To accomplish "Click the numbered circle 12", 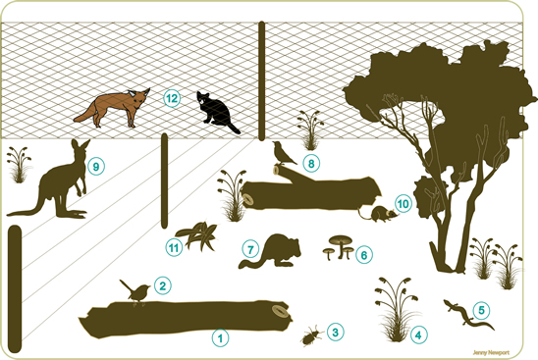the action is [x=172, y=98].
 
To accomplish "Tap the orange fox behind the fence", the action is [x=113, y=108].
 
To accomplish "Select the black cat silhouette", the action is [x=216, y=112].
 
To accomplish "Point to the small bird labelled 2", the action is [x=135, y=291].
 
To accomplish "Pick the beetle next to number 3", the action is [x=312, y=335].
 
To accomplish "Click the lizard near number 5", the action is [x=468, y=315].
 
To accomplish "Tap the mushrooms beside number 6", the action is [x=339, y=247].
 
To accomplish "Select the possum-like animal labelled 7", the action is [x=271, y=252].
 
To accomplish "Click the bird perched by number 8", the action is [x=284, y=153].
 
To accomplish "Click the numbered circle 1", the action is [x=220, y=338].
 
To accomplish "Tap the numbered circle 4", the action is [x=418, y=334].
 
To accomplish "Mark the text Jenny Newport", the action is [x=491, y=352].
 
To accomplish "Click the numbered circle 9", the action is [x=96, y=167].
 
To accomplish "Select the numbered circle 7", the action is [x=250, y=249].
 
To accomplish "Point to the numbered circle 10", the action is [x=403, y=204].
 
